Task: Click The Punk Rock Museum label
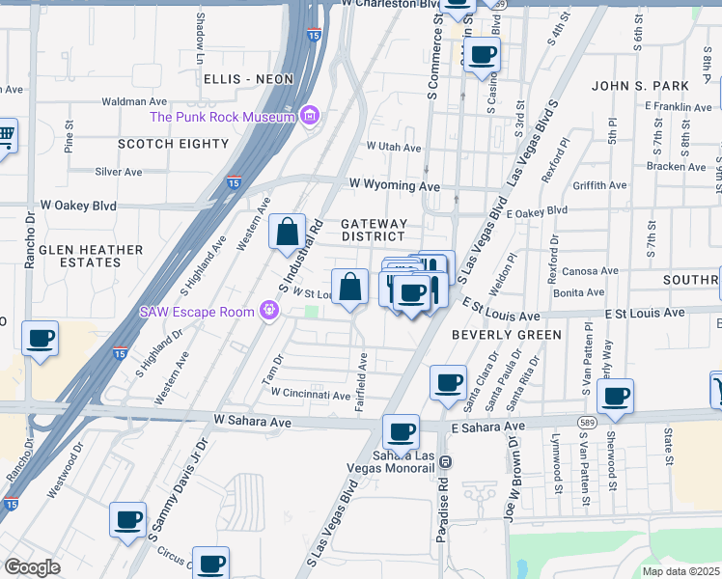221,118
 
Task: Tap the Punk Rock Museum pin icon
309,117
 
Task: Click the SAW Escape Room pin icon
269,311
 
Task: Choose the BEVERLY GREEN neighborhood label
506,335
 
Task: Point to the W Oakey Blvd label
78,206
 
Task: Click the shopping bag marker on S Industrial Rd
287,233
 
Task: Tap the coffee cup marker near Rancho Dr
40,339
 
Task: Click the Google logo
32,567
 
